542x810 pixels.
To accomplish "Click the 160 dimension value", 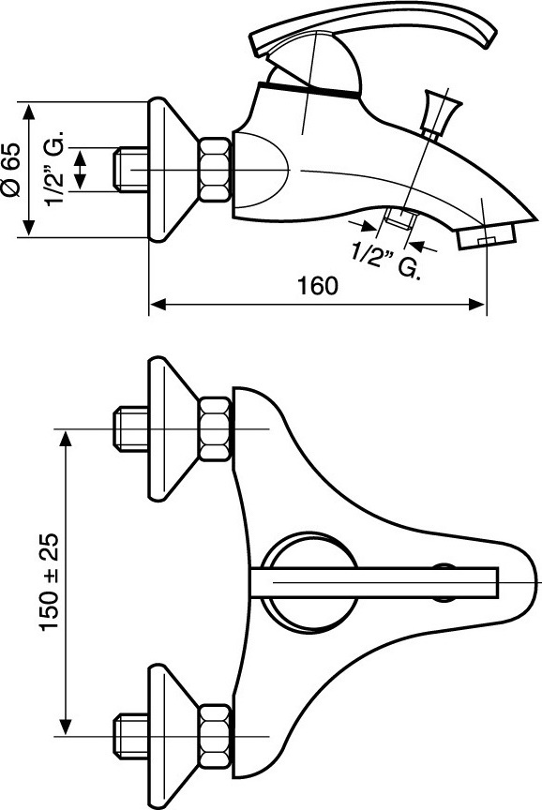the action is [x=318, y=286].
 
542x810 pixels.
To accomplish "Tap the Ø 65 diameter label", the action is [x=12, y=170].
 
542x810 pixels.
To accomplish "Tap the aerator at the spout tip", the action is [x=487, y=236].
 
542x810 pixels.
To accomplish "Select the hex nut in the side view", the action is [x=215, y=170].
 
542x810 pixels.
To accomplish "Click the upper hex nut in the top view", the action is [x=215, y=428].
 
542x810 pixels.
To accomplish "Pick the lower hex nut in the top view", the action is [x=215, y=736].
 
